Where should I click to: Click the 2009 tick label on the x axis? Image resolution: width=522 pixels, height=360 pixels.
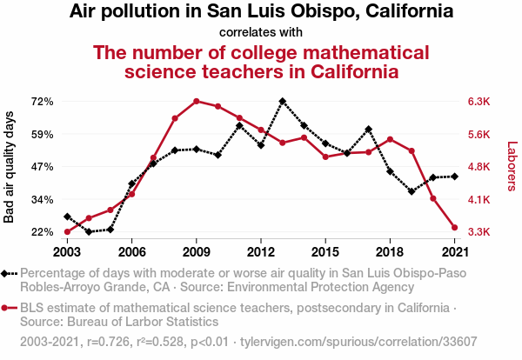coord(196,251)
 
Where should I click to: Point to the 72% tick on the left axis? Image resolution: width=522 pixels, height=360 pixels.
coord(43,102)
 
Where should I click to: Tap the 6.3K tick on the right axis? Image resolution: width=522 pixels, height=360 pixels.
coord(480,102)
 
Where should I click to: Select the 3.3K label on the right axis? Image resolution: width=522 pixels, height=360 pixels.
coord(480,232)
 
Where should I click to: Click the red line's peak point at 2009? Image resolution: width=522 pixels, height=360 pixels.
coord(197,101)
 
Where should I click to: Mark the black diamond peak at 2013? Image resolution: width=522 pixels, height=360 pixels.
coord(283,101)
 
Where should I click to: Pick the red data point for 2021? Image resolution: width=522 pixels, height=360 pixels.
coord(454,228)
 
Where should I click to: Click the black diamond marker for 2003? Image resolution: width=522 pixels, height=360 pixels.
coord(67,217)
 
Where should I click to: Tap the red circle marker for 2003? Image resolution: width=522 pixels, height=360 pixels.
coord(67,231)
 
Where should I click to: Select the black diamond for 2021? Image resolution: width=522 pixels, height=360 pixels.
coord(454,177)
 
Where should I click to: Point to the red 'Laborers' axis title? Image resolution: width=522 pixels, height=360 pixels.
coord(512,167)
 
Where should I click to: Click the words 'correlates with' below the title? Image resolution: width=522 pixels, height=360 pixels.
coord(261,33)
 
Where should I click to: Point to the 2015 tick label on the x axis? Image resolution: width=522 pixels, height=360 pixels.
coord(325,251)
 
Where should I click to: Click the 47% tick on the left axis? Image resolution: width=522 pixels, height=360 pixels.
coord(43,167)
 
